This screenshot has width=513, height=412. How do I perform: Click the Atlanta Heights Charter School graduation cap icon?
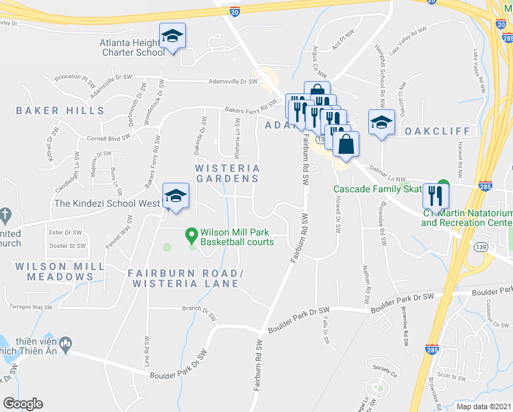[173, 36]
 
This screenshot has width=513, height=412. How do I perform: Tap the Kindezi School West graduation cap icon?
[176, 196]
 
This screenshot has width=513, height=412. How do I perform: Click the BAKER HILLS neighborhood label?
[60, 111]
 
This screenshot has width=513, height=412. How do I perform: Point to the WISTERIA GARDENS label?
[228, 173]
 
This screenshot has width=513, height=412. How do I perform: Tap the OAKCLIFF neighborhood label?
[437, 130]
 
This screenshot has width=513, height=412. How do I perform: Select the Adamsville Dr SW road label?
[234, 82]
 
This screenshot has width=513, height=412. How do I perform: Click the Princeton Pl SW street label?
[75, 78]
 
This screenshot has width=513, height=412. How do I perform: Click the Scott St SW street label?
[452, 376]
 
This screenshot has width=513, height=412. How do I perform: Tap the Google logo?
[23, 404]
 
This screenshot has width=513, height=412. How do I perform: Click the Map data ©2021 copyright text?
[483, 407]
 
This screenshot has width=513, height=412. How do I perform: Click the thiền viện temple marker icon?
[66, 342]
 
